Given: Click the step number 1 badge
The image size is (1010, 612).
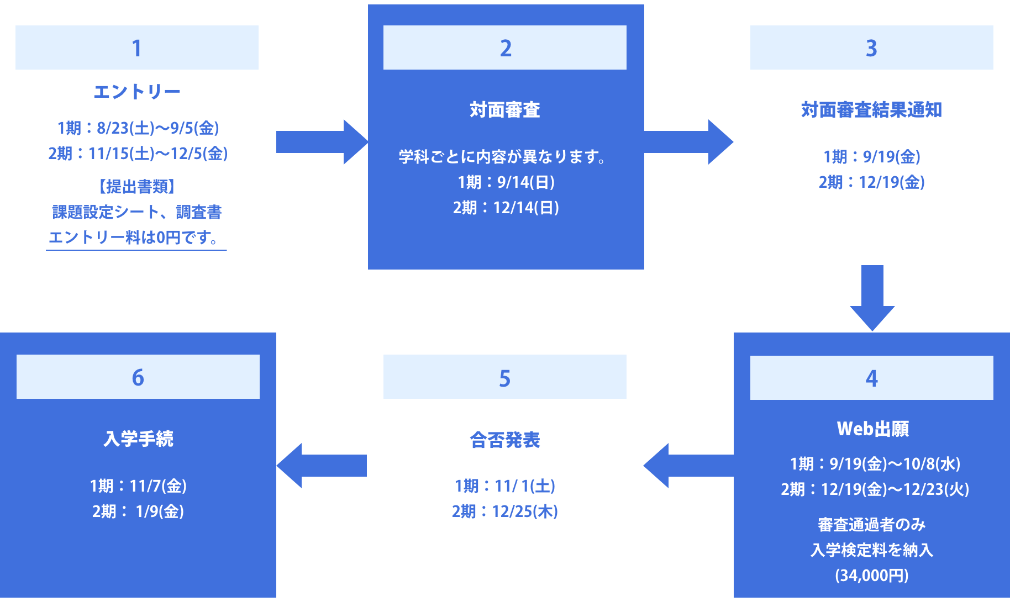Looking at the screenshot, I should coord(136,48).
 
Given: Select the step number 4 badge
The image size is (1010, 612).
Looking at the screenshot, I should coord(871,378).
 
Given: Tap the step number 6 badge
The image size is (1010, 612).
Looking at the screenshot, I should coord(138,377).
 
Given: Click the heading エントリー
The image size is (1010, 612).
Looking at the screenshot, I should coord(136,92).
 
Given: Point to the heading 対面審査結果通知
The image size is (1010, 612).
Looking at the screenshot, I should coord(871,110).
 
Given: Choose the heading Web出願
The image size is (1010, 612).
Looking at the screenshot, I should coord(872,429).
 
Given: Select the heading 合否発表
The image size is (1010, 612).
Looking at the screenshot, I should coord(504,440).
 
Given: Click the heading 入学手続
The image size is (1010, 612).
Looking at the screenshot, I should coord(138,439).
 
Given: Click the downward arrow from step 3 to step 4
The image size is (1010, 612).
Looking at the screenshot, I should coord(872,298).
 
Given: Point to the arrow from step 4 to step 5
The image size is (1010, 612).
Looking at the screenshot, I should coord(688,466).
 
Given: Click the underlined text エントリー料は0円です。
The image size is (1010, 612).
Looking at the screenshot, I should coord(136,238).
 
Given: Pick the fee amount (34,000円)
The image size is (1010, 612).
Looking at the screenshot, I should coord(871,576).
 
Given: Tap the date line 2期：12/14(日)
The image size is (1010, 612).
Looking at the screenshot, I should coord(506,208).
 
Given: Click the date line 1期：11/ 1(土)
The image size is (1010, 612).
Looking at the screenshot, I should coord(504,486).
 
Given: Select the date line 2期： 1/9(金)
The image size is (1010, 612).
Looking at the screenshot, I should coord(138,511).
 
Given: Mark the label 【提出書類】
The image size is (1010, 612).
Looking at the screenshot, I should coord(136,187).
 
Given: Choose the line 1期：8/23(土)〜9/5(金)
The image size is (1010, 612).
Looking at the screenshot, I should coord(138,128).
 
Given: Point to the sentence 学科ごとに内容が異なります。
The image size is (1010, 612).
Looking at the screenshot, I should coord(503,157).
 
